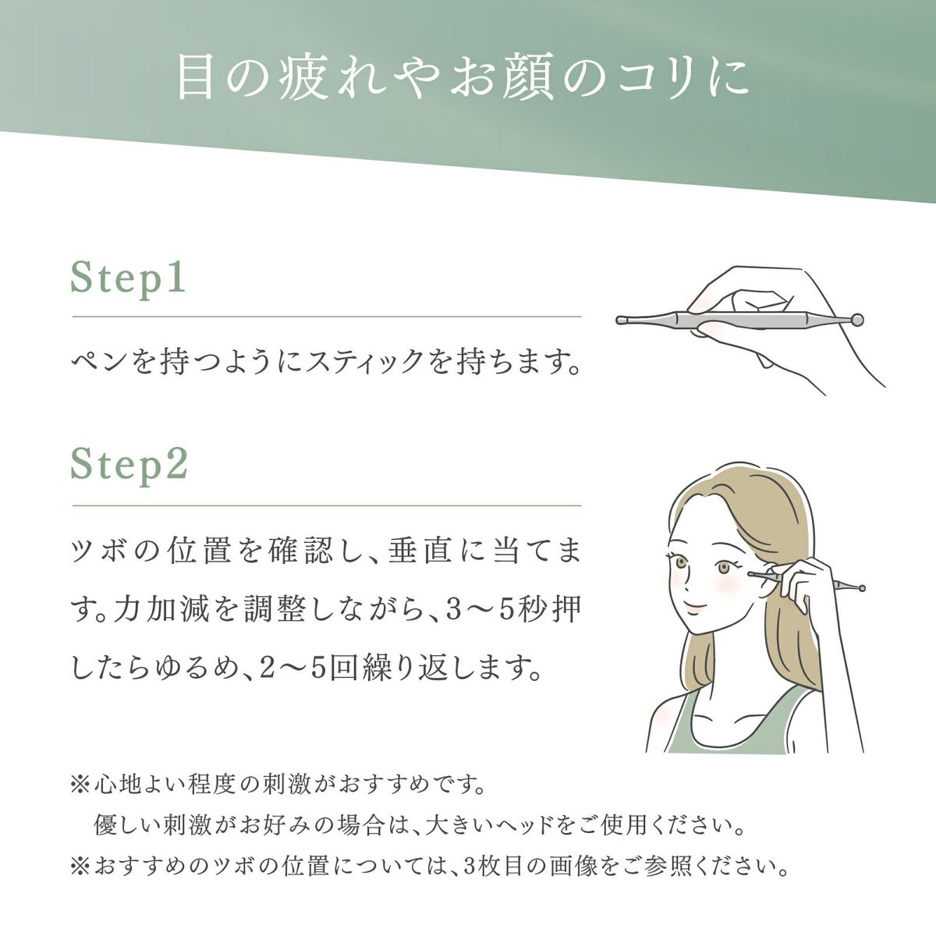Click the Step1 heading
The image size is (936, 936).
[129, 278]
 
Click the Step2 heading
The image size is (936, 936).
[129, 466]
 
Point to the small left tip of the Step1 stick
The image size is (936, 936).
[621, 319]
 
